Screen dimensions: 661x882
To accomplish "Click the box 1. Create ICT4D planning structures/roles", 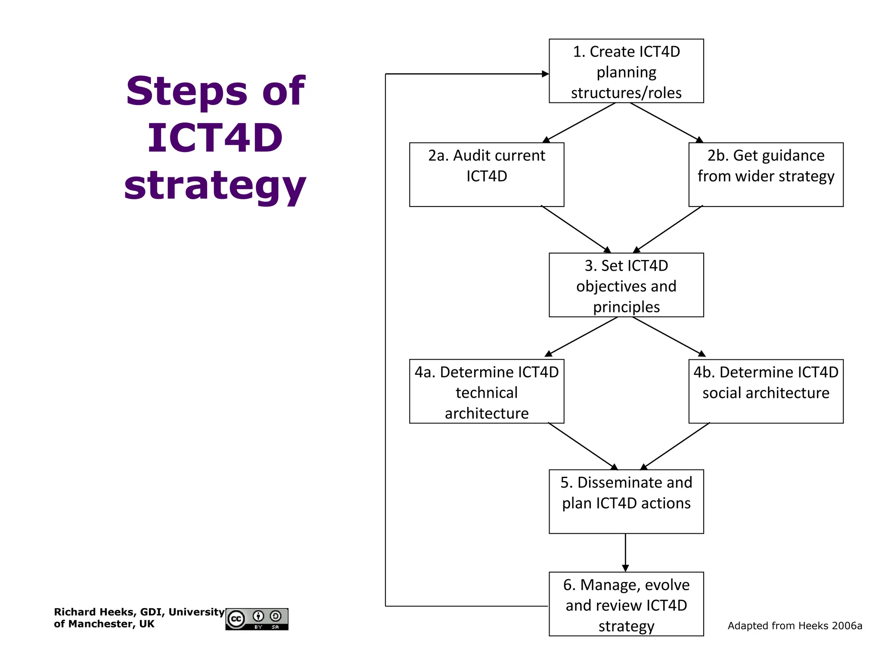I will tap(626, 71).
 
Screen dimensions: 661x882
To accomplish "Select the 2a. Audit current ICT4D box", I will tap(487, 174).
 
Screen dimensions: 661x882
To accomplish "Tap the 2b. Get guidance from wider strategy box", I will tap(766, 174).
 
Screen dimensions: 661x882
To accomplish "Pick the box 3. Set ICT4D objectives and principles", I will tap(626, 285).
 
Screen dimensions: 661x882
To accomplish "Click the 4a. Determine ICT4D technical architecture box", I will tap(487, 391).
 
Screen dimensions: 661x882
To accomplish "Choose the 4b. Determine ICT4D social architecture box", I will tap(766, 391).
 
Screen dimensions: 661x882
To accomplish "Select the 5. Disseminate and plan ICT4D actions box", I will tap(626, 501).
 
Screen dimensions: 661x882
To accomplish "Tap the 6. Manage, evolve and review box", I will tap(626, 604).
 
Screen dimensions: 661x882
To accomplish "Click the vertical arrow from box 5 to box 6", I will tap(625, 553).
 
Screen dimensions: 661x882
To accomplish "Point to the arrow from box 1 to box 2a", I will tap(579, 123).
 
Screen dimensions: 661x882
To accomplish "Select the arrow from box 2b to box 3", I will tap(668, 229).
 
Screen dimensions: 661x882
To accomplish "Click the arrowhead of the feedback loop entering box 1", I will tap(545, 74).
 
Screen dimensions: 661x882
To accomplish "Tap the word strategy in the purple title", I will tap(214, 185).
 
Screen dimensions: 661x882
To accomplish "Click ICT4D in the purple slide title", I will tap(214, 138).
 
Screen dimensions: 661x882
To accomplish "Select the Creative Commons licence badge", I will tap(257, 619).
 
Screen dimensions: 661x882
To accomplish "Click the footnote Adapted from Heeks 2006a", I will tap(795, 626).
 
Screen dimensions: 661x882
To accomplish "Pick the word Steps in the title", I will tap(186, 91).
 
